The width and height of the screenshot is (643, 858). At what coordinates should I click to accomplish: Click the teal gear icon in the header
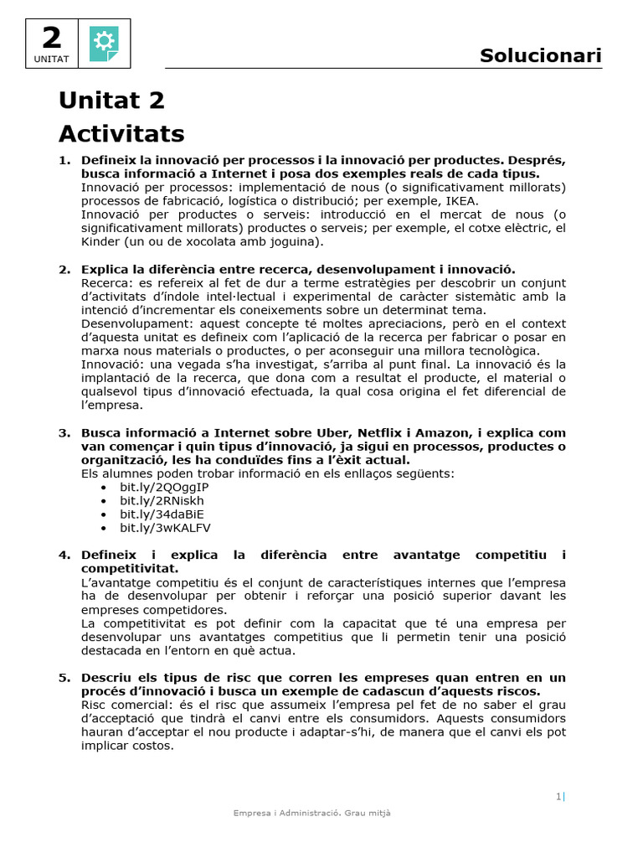tap(104, 43)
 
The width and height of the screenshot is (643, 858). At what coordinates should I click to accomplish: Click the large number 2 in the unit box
tap(51, 38)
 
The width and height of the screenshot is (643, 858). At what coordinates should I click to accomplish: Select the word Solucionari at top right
tap(540, 56)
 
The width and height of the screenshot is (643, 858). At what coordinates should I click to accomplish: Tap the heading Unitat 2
tap(111, 101)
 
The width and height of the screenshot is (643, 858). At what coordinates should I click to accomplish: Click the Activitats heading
tap(121, 134)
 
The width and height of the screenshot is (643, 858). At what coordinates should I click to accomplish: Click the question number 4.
tap(64, 556)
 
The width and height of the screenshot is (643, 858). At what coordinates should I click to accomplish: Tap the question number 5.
tap(64, 678)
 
